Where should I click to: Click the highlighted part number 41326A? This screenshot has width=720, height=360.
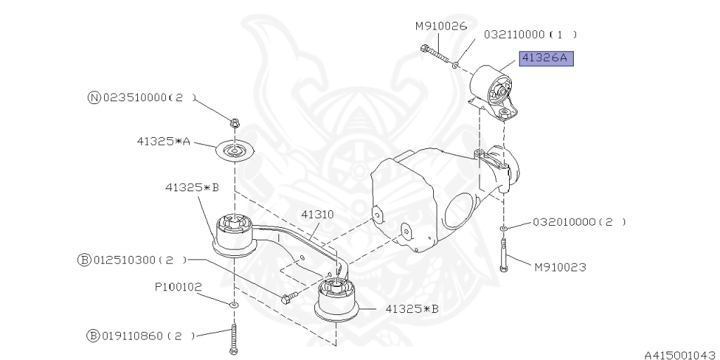point(546,59)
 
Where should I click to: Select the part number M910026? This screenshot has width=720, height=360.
point(441,27)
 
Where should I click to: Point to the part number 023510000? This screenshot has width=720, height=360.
point(138,98)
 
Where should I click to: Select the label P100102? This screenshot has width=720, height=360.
point(179,286)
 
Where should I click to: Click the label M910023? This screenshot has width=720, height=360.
point(560,267)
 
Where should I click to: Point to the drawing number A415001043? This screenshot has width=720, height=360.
point(679,354)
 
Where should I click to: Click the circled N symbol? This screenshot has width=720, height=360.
point(94,98)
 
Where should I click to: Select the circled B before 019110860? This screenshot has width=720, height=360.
point(93,336)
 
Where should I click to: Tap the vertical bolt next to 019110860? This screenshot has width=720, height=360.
point(233,337)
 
